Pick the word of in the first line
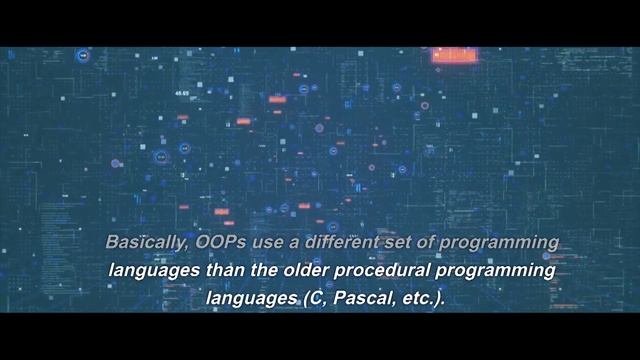[x=414, y=244]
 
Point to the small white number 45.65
[x=182, y=94]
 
